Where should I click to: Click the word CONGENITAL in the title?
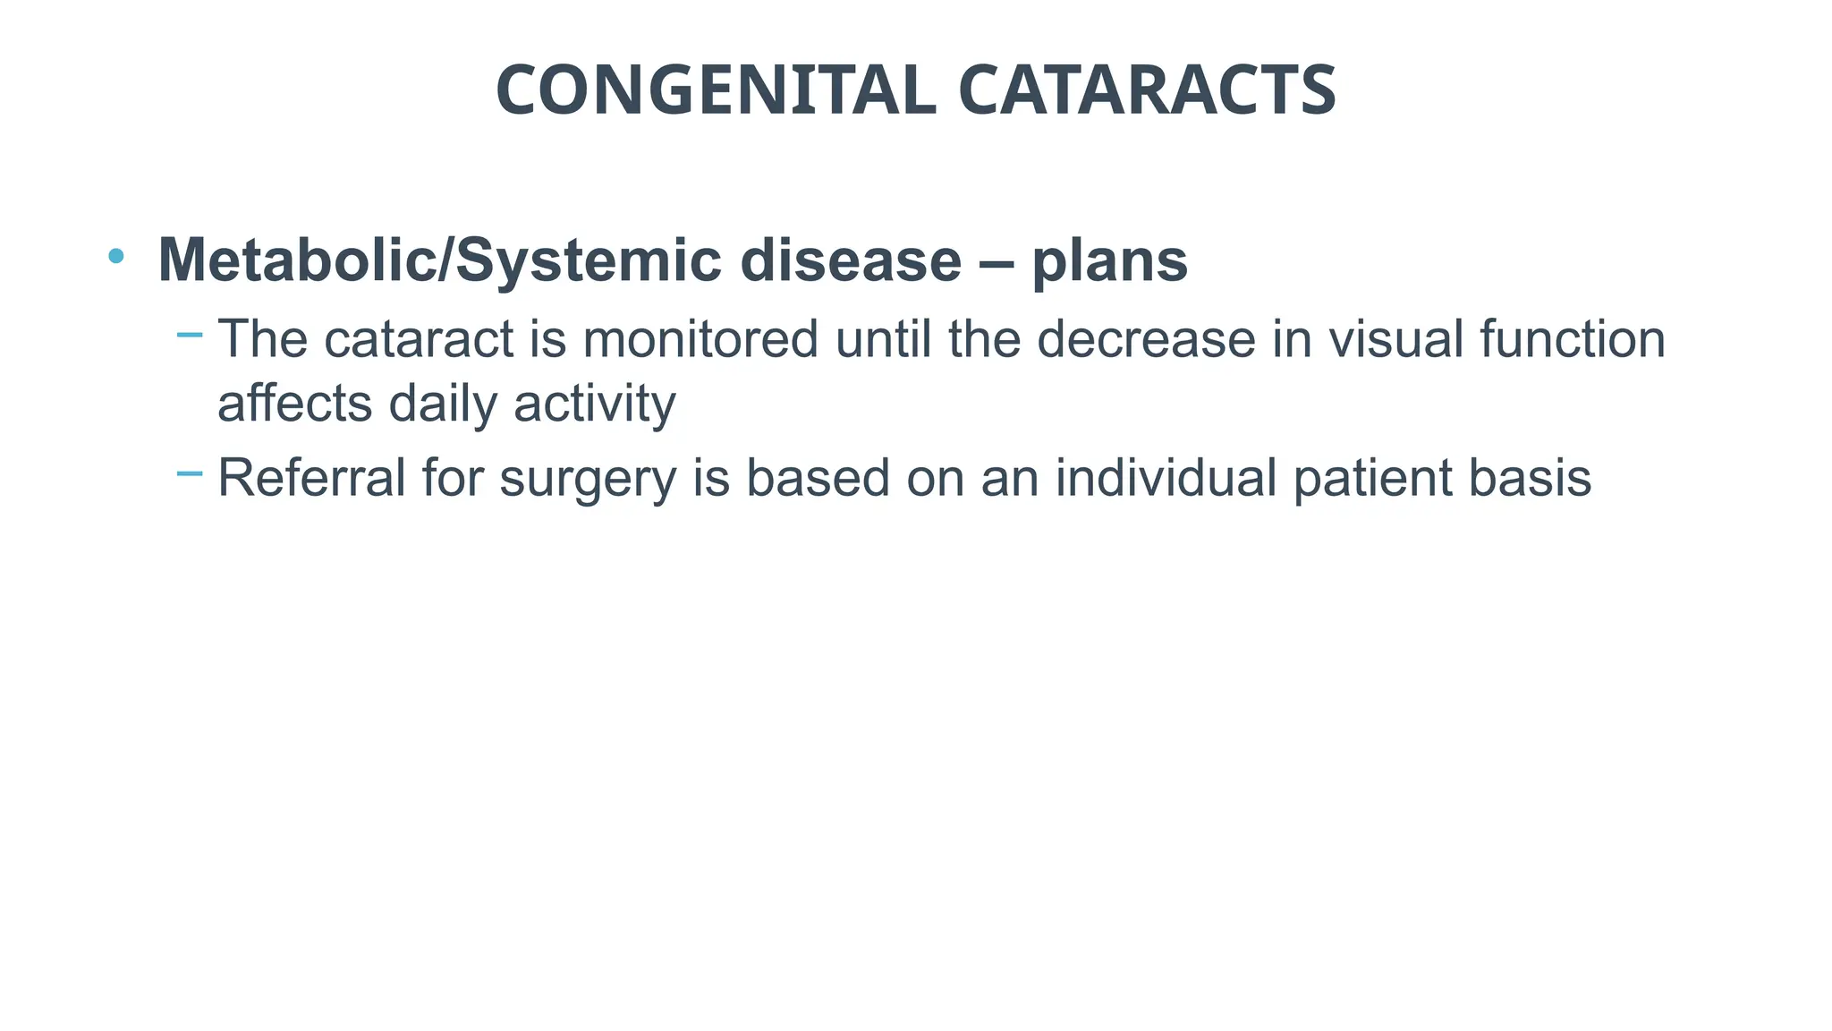pyautogui.click(x=716, y=90)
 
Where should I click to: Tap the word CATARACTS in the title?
pyautogui.click(x=1147, y=90)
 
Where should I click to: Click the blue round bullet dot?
pyautogui.click(x=115, y=257)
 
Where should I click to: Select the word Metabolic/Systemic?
pyautogui.click(x=439, y=260)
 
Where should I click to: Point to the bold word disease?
pyautogui.click(x=851, y=260)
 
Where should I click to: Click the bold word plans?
pyautogui.click(x=1109, y=260)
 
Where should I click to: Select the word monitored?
pyautogui.click(x=700, y=339)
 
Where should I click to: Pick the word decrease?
pyautogui.click(x=1146, y=339)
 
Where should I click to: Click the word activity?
pyautogui.click(x=595, y=404)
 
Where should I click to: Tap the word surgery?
pyautogui.click(x=588, y=479)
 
